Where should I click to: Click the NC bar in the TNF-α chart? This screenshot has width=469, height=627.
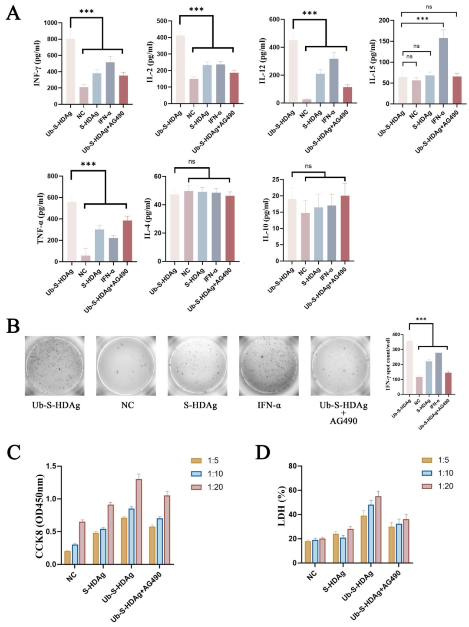(x=86, y=258)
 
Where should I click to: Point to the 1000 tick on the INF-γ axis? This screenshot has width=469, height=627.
(x=52, y=23)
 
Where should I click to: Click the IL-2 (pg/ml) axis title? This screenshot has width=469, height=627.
(x=150, y=62)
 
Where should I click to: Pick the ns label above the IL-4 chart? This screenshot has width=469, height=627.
(x=192, y=162)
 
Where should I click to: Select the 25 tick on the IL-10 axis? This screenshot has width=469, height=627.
(x=275, y=179)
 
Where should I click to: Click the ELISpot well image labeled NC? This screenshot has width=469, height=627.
(x=126, y=365)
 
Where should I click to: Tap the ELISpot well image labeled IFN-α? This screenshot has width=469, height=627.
(x=269, y=365)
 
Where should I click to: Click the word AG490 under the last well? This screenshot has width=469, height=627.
(x=343, y=421)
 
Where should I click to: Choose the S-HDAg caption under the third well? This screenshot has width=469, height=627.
(x=200, y=405)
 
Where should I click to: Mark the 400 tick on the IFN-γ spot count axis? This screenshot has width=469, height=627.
(x=396, y=335)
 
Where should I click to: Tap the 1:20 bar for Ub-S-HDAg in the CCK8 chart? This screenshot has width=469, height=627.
(x=139, y=521)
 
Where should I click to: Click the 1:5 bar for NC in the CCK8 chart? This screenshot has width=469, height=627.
(x=67, y=557)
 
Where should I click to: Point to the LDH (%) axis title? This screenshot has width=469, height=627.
(x=281, y=506)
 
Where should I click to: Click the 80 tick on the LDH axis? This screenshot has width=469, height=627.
(x=291, y=466)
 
